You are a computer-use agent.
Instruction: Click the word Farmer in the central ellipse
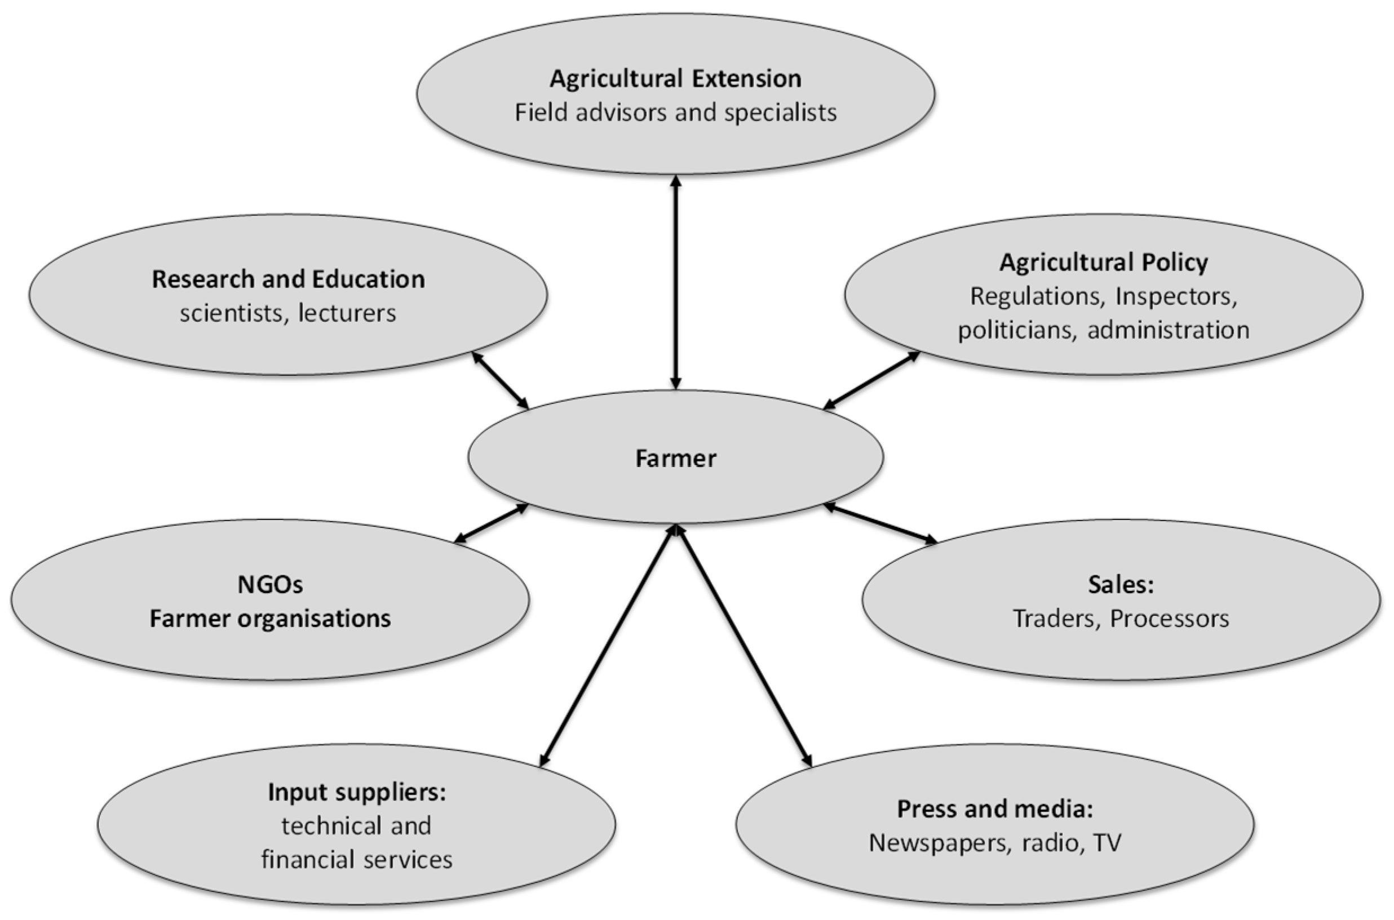pos(675,458)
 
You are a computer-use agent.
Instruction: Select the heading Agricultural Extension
pos(675,79)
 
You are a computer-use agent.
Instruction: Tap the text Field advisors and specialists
pos(675,113)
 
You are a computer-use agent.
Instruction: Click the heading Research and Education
pos(288,279)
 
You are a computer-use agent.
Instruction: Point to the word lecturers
pos(347,313)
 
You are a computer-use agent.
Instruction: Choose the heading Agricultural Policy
pos(1104,263)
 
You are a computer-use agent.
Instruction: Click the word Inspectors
pos(1176,296)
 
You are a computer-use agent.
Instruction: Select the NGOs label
pos(270,584)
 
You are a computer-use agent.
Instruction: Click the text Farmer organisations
pos(270,619)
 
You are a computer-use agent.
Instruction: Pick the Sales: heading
pos(1121,584)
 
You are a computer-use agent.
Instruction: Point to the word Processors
pos(1169,619)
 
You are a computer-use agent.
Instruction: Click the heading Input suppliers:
pos(357,792)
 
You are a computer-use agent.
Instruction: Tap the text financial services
pos(357,860)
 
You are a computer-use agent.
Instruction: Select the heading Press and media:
pos(995,809)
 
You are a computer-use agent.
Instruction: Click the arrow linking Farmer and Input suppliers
pos(608,646)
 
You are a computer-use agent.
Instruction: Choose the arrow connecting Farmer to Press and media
pos(744,646)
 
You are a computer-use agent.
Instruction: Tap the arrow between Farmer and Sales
pos(880,523)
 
